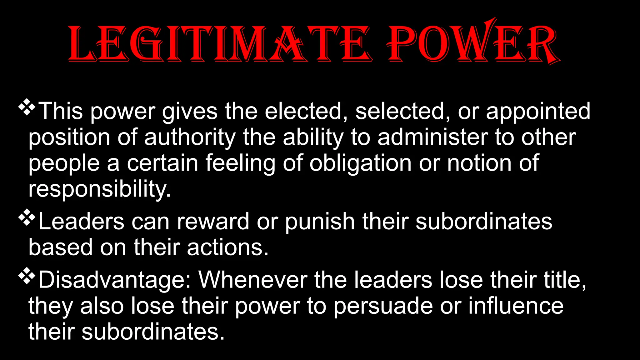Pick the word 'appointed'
coord(538,112)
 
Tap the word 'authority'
coord(190,137)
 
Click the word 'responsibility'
coord(99,189)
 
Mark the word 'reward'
coord(213,222)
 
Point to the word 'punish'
coord(320,222)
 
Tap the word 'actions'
coord(228,247)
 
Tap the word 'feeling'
coord(240,163)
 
